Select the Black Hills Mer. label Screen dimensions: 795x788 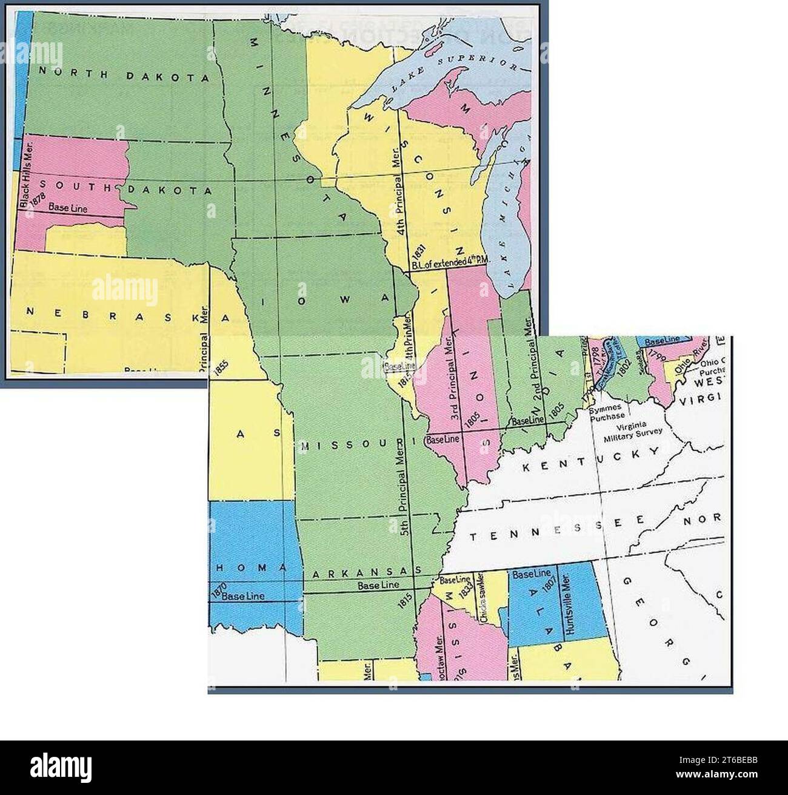pos(25,176)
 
